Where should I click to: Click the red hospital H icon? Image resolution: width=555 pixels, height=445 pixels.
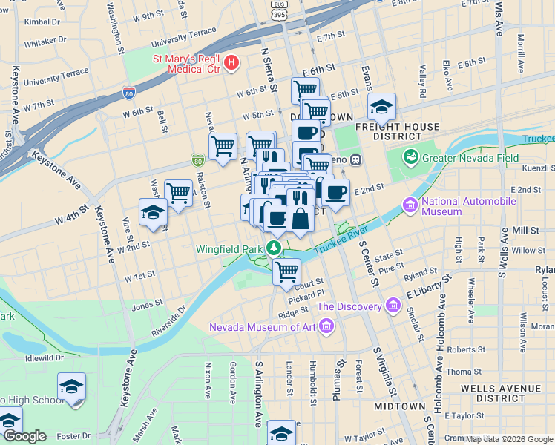(x=231, y=62)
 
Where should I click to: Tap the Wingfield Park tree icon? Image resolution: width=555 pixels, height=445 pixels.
(x=275, y=248)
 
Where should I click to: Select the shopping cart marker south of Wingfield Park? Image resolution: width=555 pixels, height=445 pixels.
(x=286, y=271)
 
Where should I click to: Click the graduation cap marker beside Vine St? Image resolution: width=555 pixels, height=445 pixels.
(x=153, y=212)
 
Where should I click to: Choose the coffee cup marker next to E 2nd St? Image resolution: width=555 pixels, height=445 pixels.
(x=335, y=192)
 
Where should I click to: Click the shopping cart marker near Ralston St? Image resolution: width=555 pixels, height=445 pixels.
(x=223, y=146)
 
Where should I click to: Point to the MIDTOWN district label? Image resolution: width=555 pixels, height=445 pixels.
(x=399, y=406)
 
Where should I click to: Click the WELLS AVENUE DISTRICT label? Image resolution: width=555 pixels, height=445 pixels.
(x=502, y=393)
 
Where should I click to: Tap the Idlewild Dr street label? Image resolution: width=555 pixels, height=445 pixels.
(x=45, y=357)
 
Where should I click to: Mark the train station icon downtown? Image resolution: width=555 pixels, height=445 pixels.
(x=355, y=159)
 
